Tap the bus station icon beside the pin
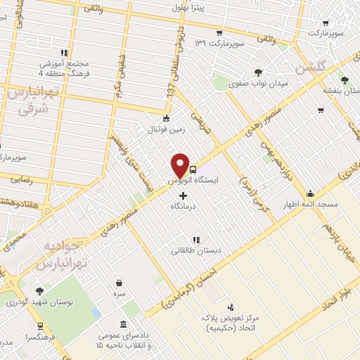(x=192, y=169)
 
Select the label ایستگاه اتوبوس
(x=193, y=181)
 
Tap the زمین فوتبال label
(x=165, y=130)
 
